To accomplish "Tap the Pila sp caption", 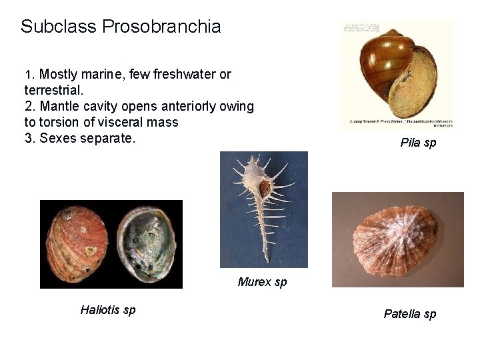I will [x=418, y=143].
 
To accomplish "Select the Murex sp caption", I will [x=262, y=282].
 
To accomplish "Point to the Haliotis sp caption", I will [x=107, y=310].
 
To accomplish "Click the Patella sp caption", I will [x=410, y=314].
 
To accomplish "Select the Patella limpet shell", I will [x=397, y=241].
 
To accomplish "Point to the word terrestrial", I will [x=51, y=89].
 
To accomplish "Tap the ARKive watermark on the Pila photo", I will [x=361, y=28].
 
